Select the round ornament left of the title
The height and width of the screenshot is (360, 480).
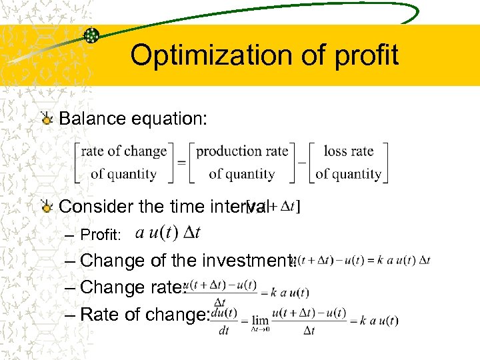[x=92, y=35]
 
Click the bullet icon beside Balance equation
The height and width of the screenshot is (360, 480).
[x=47, y=119]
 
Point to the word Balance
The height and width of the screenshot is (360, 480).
[x=92, y=119]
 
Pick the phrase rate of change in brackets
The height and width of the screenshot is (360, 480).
[x=123, y=151]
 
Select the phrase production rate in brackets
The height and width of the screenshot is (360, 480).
[x=242, y=151]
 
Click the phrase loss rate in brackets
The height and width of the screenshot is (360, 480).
[x=348, y=151]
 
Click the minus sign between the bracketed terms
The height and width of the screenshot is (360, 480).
[x=301, y=162]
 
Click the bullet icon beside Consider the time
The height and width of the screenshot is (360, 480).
[x=47, y=207]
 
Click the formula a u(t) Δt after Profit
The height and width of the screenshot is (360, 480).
[x=167, y=233]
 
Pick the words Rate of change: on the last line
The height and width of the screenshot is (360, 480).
[x=145, y=315]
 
